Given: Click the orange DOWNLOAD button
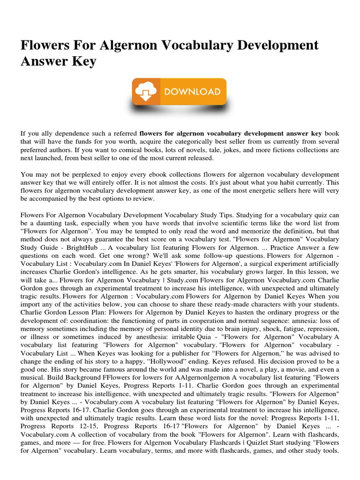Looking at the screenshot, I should (x=180, y=91).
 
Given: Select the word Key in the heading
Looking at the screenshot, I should (x=85, y=61).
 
